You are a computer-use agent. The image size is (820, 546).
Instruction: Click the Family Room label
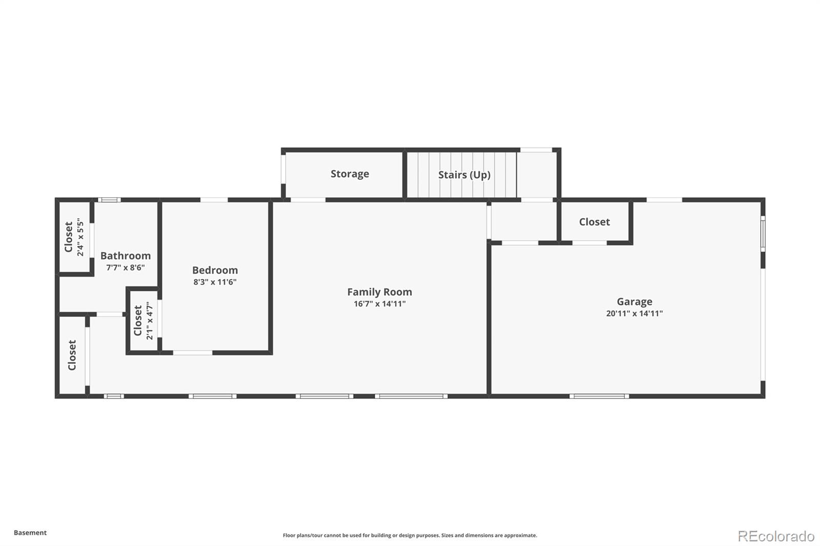[x=380, y=292]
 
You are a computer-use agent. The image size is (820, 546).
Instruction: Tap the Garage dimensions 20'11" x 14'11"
[x=634, y=313]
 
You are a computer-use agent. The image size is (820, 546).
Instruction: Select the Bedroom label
[x=215, y=270]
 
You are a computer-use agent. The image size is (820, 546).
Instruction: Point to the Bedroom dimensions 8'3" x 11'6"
[x=215, y=282]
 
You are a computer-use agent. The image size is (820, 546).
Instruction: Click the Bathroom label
[x=126, y=256]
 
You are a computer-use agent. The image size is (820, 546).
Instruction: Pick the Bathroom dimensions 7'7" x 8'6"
[x=126, y=267]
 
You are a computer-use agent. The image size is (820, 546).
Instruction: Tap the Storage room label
[x=350, y=174]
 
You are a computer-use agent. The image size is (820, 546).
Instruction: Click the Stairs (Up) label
[x=464, y=175]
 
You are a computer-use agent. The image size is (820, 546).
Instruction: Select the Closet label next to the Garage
[x=594, y=222]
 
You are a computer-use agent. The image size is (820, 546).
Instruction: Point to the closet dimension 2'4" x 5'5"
[x=80, y=237]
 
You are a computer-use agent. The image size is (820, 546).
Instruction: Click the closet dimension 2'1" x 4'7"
[x=149, y=321]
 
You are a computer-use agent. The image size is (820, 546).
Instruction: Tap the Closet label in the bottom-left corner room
[x=72, y=355]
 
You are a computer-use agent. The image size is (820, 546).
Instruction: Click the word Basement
[x=30, y=533]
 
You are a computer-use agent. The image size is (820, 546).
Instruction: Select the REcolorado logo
[x=776, y=536]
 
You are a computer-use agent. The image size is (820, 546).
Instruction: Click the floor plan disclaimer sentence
[x=409, y=535]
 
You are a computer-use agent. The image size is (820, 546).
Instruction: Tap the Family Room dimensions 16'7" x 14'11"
[x=380, y=304]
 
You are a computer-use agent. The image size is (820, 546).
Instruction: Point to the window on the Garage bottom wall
[x=599, y=396]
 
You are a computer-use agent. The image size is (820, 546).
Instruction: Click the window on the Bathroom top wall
[x=109, y=200]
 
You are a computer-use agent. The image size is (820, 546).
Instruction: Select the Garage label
[x=634, y=302]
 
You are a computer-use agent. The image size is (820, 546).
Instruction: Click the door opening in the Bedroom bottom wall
[x=193, y=353]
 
